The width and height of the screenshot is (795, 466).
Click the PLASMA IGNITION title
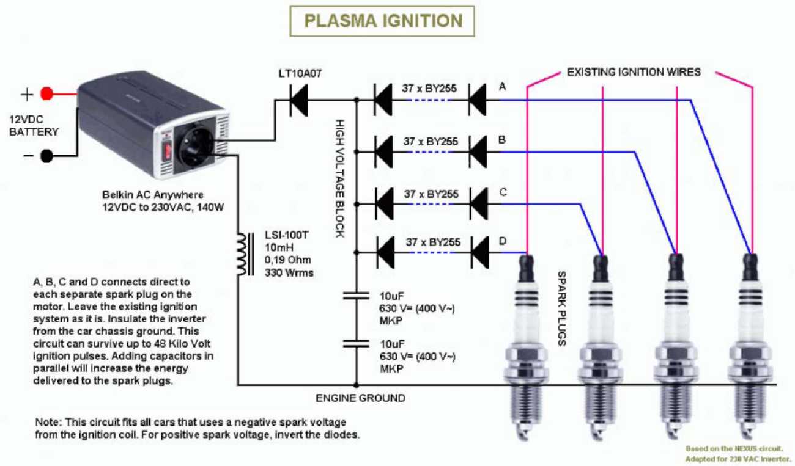click(x=383, y=21)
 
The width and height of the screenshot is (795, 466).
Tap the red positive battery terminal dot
click(x=47, y=94)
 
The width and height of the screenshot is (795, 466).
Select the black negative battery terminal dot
click(x=47, y=156)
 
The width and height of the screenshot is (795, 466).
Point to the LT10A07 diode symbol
click(x=299, y=100)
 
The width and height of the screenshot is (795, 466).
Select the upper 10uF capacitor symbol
click(x=356, y=296)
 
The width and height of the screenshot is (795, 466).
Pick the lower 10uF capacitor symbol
click(x=356, y=343)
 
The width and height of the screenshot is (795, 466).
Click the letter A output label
click(x=502, y=87)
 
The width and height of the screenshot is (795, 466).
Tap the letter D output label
click(x=503, y=241)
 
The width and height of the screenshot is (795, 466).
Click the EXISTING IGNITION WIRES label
click(x=634, y=72)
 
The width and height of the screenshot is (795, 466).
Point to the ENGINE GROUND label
click(x=360, y=398)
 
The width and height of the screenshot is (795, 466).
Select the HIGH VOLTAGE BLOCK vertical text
click(x=339, y=178)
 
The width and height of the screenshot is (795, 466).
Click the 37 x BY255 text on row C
click(x=431, y=194)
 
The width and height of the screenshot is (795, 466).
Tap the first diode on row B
click(x=384, y=152)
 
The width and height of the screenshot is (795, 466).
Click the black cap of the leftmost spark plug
click(x=527, y=269)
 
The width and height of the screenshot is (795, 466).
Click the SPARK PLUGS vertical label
click(x=562, y=308)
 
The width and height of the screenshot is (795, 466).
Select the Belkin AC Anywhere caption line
click(x=153, y=195)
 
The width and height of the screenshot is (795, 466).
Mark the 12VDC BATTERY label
click(x=34, y=125)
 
